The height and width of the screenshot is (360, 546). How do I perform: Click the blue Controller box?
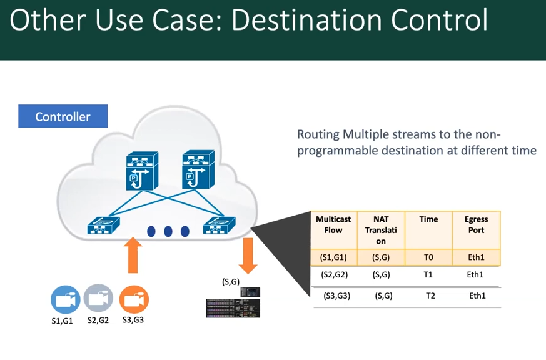click(x=63, y=116)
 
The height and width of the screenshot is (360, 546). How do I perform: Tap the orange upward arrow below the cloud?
click(x=133, y=255)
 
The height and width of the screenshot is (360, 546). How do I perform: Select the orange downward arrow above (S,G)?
click(x=248, y=256)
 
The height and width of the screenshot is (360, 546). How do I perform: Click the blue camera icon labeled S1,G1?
click(x=66, y=299)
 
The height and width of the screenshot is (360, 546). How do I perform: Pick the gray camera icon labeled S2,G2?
click(x=99, y=298)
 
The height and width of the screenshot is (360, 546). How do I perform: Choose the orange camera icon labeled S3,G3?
click(x=134, y=299)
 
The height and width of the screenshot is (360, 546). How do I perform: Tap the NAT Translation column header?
click(x=381, y=230)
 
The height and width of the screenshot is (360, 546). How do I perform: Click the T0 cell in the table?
click(x=428, y=257)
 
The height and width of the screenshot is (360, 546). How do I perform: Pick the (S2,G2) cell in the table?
click(x=334, y=275)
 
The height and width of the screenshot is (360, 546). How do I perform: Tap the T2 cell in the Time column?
click(x=431, y=296)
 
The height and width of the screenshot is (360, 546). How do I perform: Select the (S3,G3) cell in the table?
click(x=336, y=296)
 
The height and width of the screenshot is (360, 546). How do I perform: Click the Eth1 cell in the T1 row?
click(x=475, y=275)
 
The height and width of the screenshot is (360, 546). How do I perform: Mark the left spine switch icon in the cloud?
click(x=142, y=171)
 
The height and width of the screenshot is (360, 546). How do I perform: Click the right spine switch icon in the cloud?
click(x=198, y=169)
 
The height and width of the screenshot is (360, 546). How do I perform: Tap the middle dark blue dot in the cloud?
click(x=168, y=231)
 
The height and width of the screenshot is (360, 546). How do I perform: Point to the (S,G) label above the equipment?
click(x=231, y=281)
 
